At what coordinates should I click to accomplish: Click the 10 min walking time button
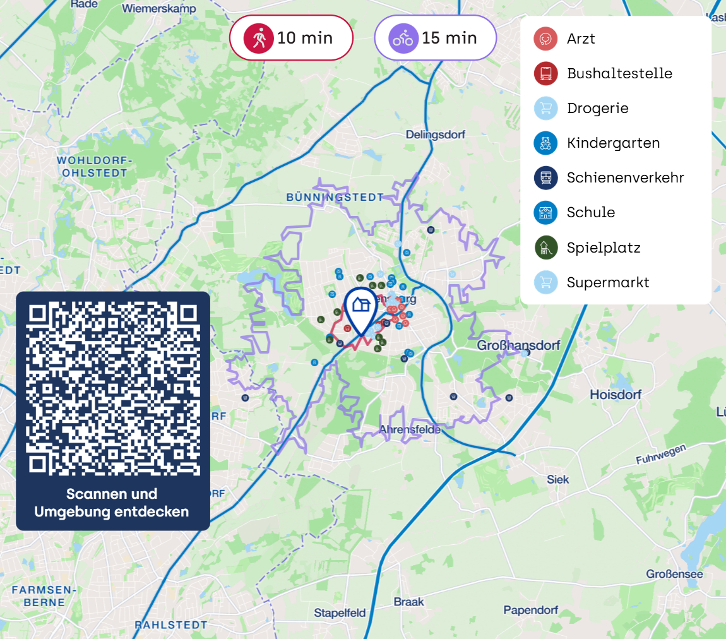point(290,38)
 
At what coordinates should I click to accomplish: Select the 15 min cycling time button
point(435,38)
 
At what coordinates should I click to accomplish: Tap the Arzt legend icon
point(545,39)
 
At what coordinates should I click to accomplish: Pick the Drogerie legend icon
point(545,108)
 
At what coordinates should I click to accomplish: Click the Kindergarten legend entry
point(613,143)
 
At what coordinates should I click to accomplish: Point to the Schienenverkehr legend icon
point(545,177)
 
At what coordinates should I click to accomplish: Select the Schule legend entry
point(590,212)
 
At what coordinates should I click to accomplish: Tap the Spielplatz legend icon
point(545,248)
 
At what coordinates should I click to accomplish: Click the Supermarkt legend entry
point(607,282)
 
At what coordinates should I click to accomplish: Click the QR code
point(113,389)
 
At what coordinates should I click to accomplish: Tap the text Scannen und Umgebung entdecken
point(112,503)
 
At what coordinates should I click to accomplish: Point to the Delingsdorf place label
point(435,135)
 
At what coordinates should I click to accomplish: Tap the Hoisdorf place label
point(615,395)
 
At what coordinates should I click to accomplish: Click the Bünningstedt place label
point(335,197)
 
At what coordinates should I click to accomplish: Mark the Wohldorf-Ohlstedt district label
point(92,166)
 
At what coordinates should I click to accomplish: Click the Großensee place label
point(674,574)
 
